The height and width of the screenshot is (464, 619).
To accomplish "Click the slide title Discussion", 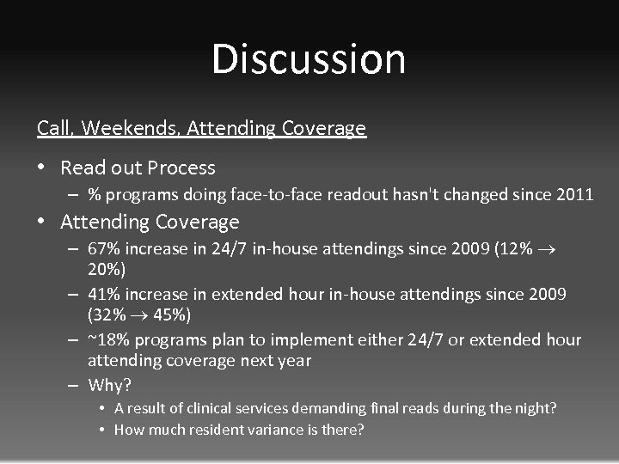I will point(309,59).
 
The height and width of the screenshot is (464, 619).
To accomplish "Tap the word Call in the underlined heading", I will point(56,129).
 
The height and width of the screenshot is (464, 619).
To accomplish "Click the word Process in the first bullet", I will point(181,168).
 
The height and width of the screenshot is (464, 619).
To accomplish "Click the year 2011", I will point(573,194).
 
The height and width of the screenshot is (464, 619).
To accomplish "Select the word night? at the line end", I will point(535,409).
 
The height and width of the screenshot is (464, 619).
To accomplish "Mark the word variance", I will point(257,430).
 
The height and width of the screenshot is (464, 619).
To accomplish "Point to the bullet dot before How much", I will point(102,430).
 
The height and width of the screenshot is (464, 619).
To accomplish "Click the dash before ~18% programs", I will point(75,340).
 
